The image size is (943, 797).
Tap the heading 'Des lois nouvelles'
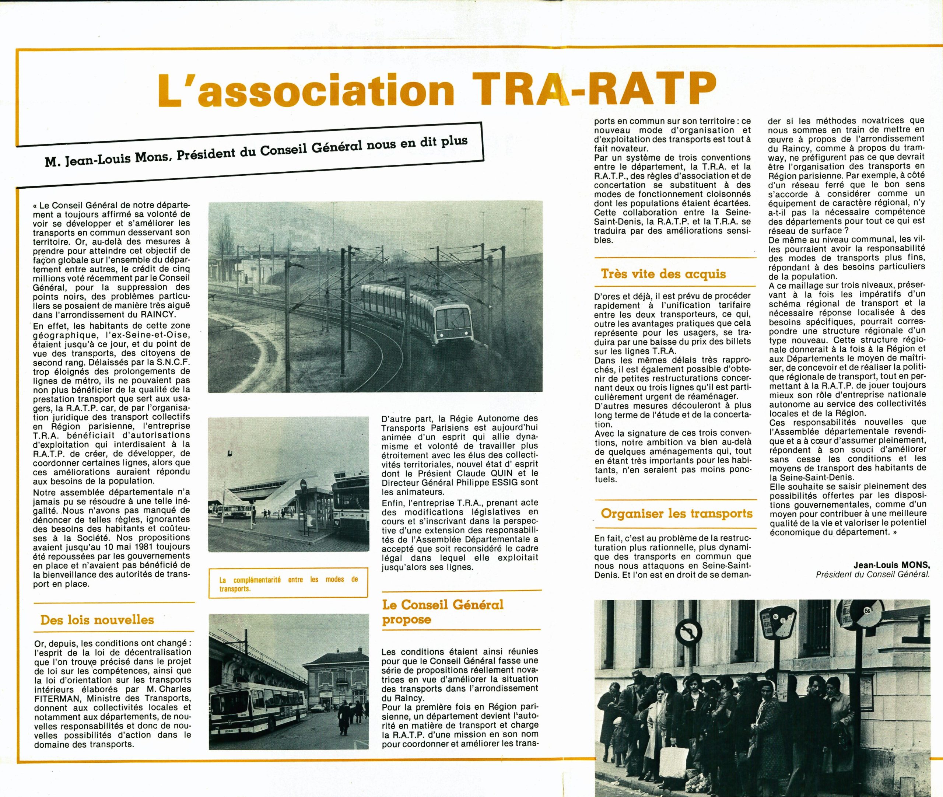(x=97, y=620)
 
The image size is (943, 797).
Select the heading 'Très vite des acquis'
(x=663, y=274)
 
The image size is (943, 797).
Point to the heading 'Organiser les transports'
(x=676, y=514)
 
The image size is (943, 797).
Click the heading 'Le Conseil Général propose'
(x=443, y=612)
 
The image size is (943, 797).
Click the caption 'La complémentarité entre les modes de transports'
(x=288, y=584)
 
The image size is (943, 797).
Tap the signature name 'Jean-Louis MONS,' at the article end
(x=891, y=565)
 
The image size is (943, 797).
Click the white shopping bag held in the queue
(x=673, y=762)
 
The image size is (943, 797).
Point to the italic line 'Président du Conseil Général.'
(x=873, y=574)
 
